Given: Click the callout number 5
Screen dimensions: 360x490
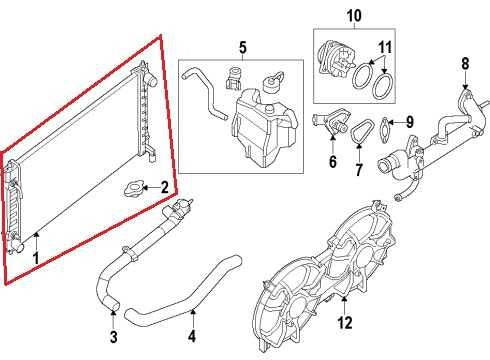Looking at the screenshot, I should click(242, 46).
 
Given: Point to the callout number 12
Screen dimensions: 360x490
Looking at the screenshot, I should click(344, 323).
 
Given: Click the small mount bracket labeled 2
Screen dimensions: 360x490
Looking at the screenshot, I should click(132, 188).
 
